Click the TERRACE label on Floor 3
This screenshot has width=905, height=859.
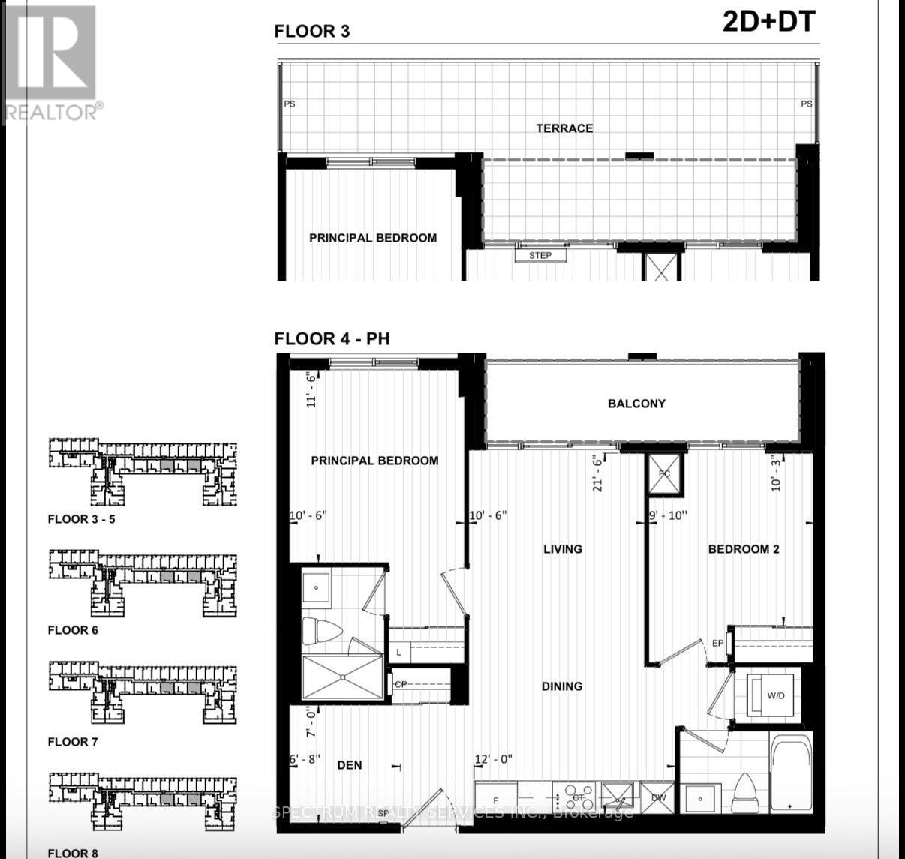click(x=564, y=128)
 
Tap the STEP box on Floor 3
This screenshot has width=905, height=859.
click(x=540, y=256)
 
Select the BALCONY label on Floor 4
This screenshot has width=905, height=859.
click(x=636, y=404)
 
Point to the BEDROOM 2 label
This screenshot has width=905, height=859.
click(x=744, y=549)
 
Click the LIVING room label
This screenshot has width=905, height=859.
click(x=563, y=549)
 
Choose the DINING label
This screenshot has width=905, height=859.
click(x=562, y=686)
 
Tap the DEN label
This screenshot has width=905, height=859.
click(x=350, y=765)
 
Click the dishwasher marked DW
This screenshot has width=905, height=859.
click(x=658, y=797)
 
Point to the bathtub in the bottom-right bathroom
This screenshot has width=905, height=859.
click(x=791, y=773)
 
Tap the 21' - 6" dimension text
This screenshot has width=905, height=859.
click(x=598, y=473)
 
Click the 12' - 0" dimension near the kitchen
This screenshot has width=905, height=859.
click(x=493, y=759)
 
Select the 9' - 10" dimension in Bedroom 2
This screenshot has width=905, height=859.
click(x=668, y=515)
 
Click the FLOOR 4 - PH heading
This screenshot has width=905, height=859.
click(x=332, y=338)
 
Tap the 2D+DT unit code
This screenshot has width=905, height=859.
click(x=768, y=22)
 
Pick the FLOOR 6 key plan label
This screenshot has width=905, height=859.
click(x=73, y=630)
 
